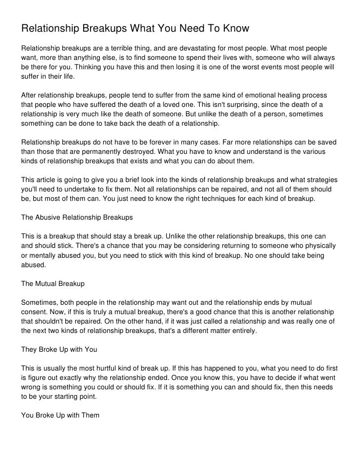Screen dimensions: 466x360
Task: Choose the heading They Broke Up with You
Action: coord(59,350)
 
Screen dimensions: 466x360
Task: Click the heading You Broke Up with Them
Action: coord(60,416)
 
